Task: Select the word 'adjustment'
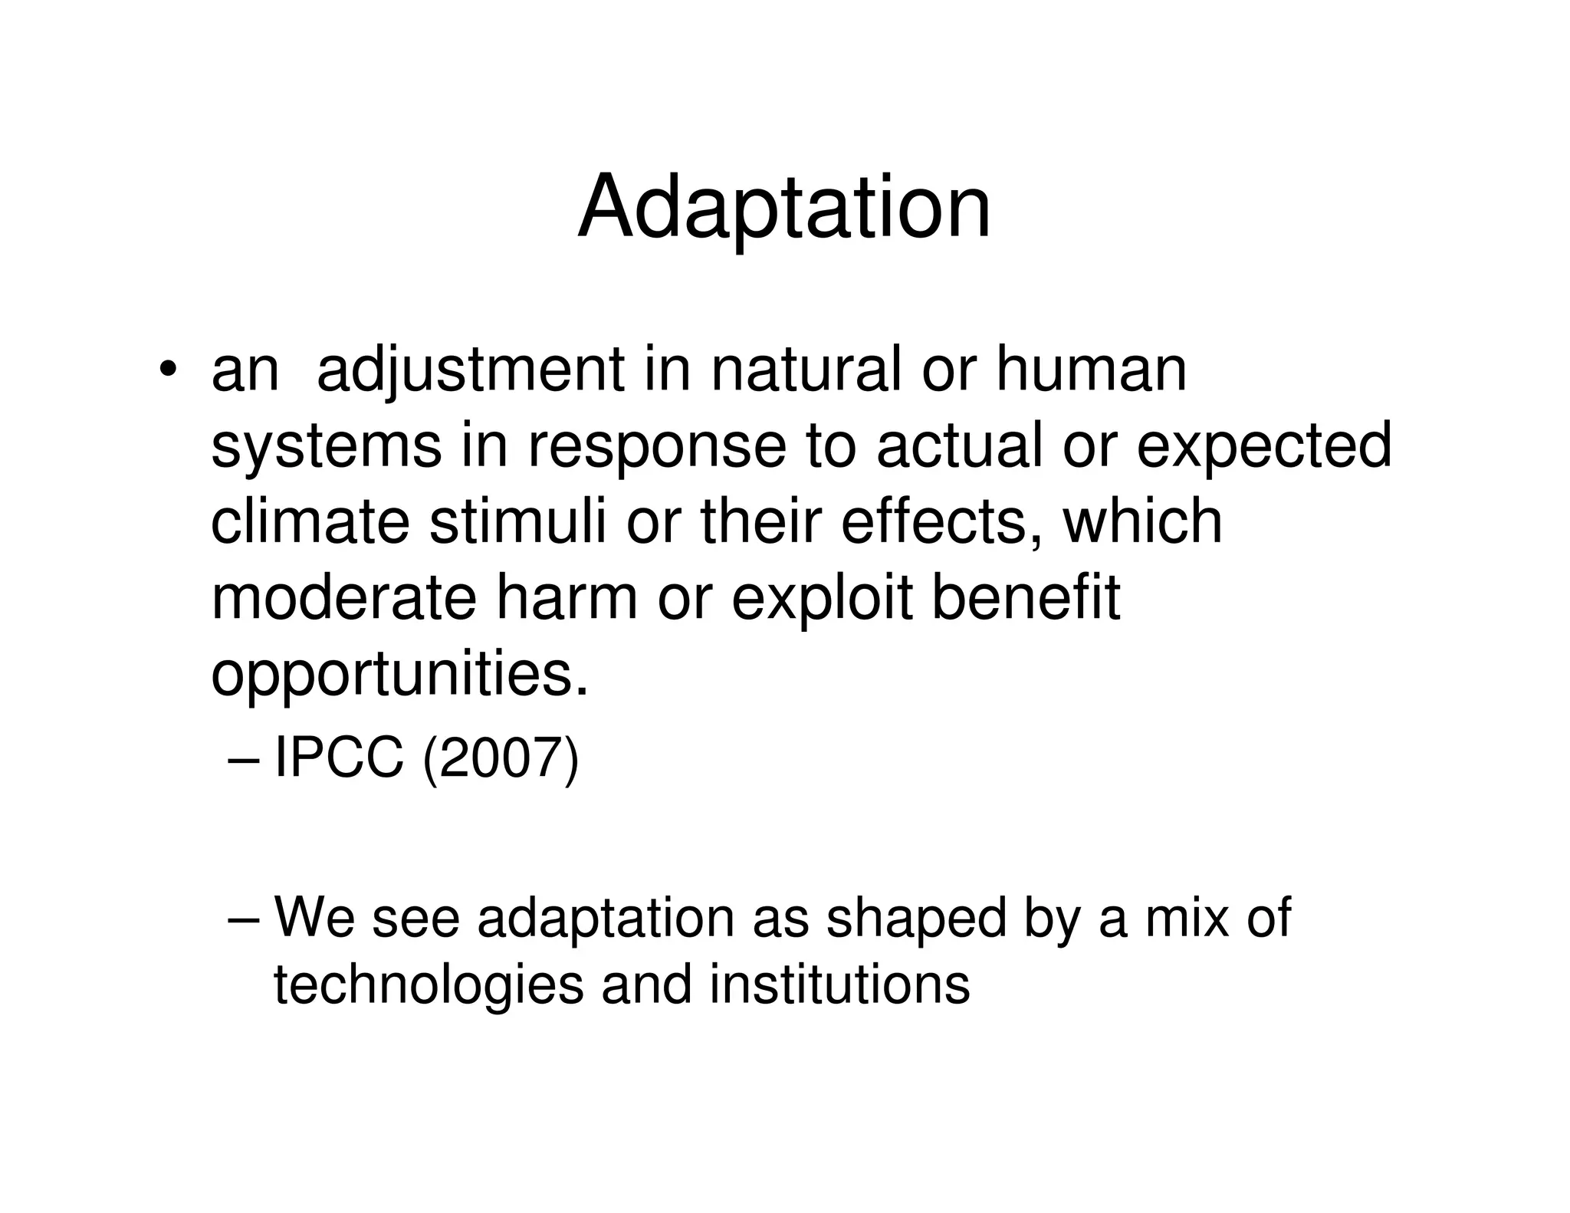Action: click(x=470, y=372)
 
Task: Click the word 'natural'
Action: click(x=805, y=370)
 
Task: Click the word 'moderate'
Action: click(x=343, y=598)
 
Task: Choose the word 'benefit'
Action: click(x=1025, y=598)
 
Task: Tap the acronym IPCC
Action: click(x=338, y=758)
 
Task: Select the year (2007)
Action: click(x=500, y=760)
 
